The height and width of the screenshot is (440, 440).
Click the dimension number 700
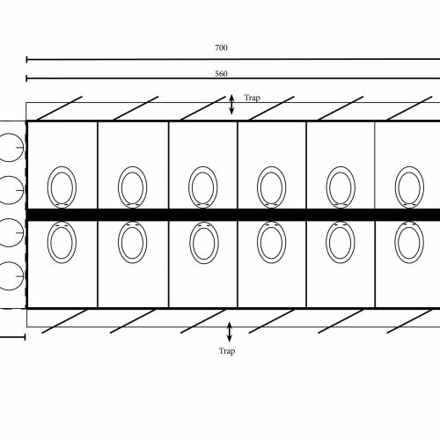(221, 48)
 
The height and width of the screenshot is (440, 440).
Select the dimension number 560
(221, 74)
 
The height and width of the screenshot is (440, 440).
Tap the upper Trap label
(252, 98)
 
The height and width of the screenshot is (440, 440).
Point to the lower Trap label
(227, 351)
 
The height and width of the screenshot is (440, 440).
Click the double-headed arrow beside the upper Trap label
(231, 104)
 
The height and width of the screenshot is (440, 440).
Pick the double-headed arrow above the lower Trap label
(230, 332)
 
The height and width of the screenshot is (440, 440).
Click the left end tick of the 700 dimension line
(26, 60)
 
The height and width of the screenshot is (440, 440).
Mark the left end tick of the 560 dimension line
(26, 78)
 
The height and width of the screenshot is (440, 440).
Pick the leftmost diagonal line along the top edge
(60, 108)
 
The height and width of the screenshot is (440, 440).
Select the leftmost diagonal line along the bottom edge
(64, 321)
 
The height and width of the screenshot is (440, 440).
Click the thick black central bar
(233, 215)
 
